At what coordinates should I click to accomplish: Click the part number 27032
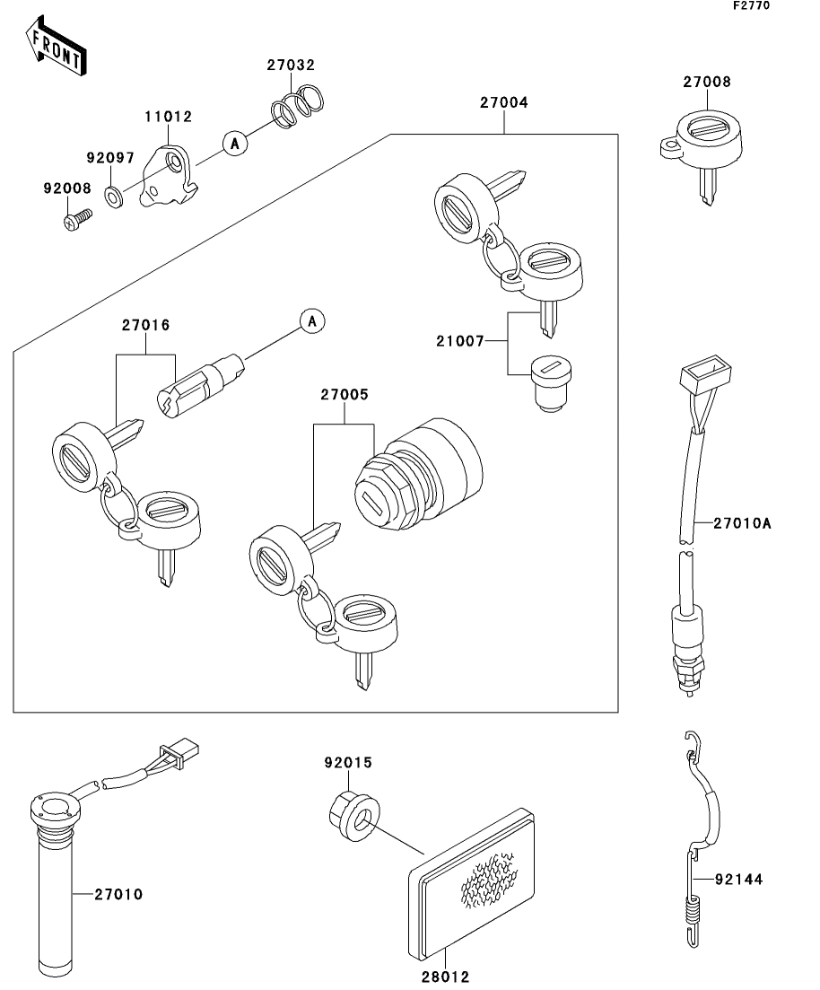[x=290, y=65]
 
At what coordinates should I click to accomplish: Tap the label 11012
[x=170, y=117]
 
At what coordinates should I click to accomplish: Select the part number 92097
[x=109, y=158]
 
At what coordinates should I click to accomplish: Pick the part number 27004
[x=503, y=103]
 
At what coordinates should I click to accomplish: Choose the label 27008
[x=706, y=82]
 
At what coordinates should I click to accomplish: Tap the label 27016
[x=145, y=325]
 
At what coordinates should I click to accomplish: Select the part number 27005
[x=345, y=395]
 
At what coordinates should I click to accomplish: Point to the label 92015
[x=347, y=763]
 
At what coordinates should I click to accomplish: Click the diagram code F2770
[x=751, y=5]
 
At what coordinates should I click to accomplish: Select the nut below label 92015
[x=352, y=815]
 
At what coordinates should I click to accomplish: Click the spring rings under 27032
[x=299, y=102]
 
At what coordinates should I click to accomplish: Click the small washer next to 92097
[x=115, y=194]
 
